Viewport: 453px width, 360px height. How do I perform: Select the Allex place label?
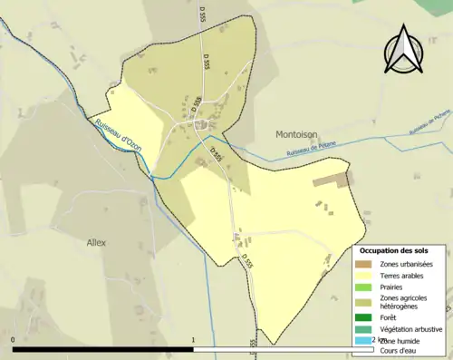(x=96, y=242)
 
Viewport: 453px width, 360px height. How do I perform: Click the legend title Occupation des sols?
(x=400, y=250)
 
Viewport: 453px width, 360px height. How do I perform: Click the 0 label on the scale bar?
(x=14, y=341)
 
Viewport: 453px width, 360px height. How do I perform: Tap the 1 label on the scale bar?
(x=193, y=341)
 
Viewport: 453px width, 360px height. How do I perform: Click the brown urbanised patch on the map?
(x=332, y=180)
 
